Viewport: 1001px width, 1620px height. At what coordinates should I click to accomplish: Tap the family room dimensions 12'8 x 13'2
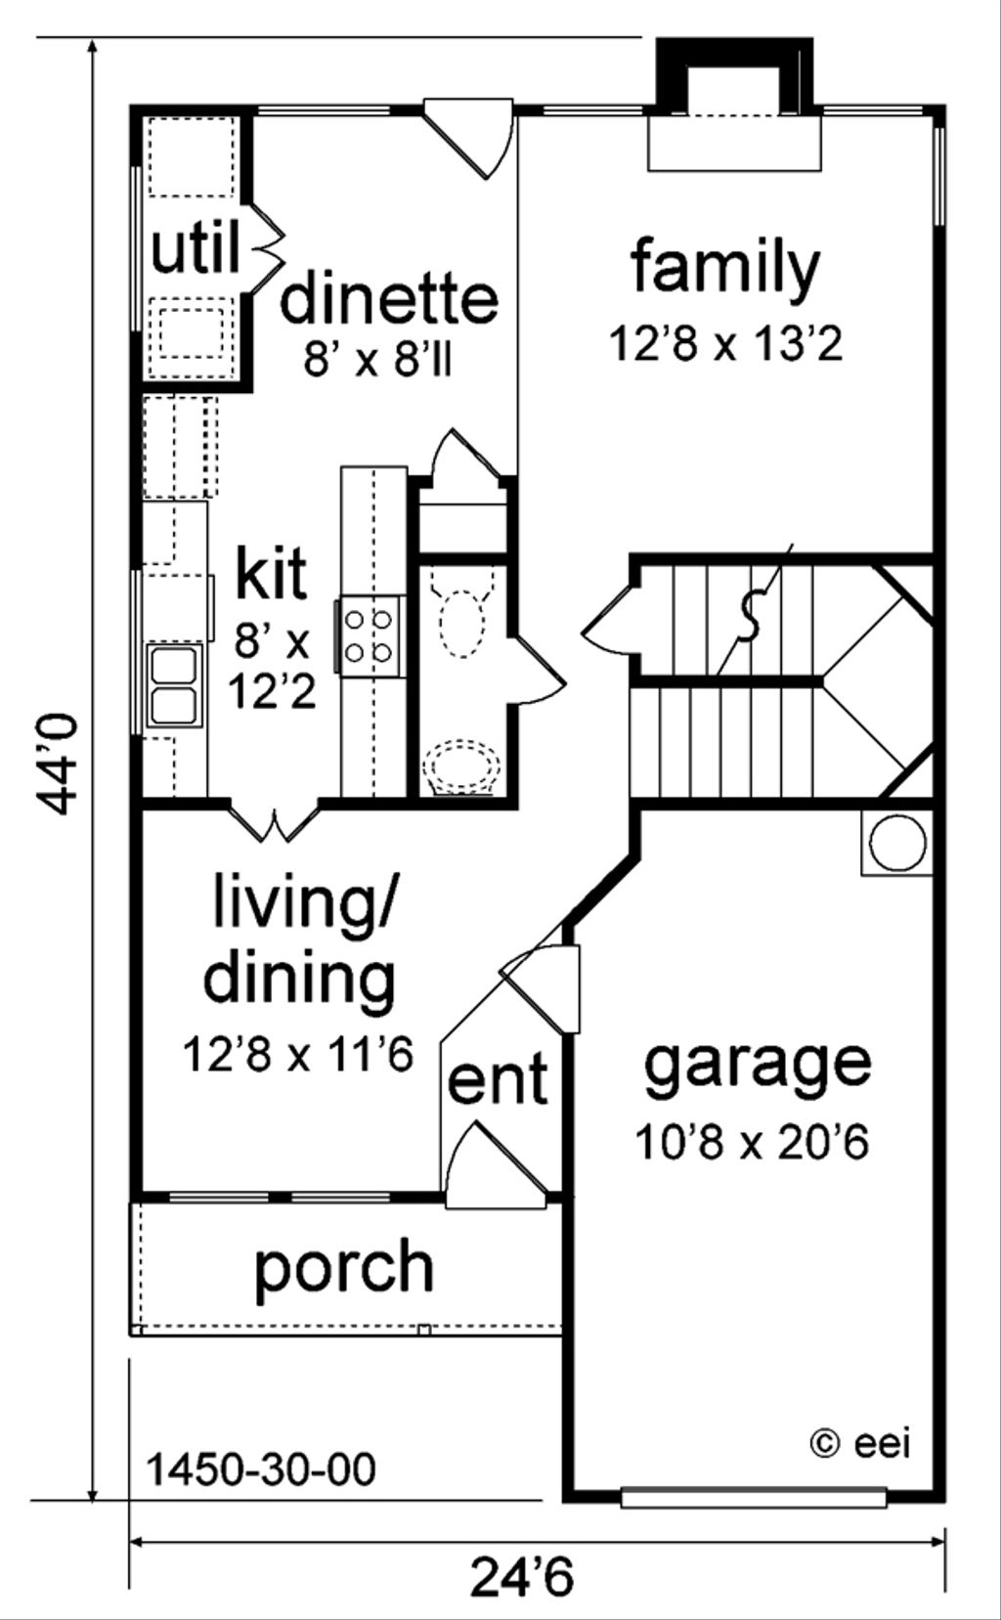point(725,344)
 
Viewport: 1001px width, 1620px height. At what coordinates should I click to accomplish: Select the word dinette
point(389,298)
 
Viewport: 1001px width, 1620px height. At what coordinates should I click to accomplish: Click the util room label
point(196,250)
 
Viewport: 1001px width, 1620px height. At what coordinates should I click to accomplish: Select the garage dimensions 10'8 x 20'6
point(752,1141)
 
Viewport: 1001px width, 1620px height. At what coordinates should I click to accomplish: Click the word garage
point(757,1065)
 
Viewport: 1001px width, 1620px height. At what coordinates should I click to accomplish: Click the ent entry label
point(498,1080)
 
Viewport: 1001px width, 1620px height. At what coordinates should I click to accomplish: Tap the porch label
point(344,1267)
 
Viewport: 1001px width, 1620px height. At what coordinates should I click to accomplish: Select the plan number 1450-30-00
point(261,1468)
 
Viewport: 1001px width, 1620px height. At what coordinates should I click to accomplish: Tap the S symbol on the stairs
point(749,617)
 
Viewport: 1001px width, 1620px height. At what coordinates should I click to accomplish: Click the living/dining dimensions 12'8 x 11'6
point(299,1054)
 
